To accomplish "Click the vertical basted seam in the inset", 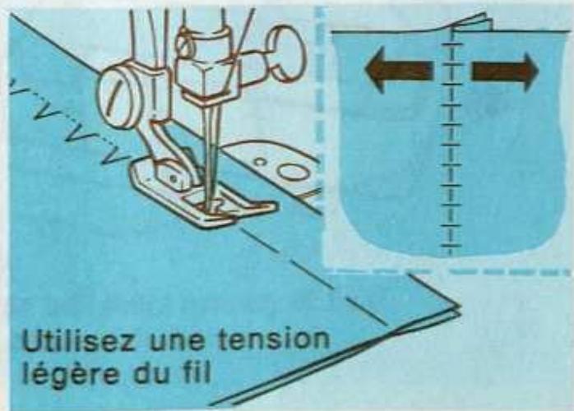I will click(x=450, y=140).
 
